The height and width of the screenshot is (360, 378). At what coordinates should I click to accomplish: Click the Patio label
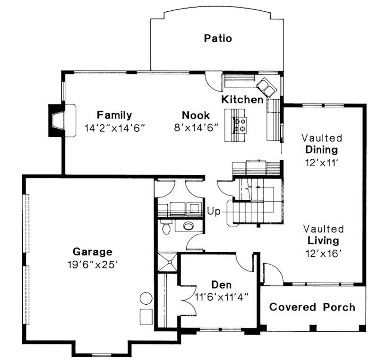click(x=218, y=38)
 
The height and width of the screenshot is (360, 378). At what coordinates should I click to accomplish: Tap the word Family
click(x=114, y=115)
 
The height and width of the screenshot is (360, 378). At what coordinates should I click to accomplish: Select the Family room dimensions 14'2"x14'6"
click(x=114, y=128)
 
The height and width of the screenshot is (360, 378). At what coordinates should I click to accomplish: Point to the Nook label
click(x=196, y=115)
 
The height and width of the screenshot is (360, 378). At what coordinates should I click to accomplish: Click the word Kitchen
click(x=242, y=100)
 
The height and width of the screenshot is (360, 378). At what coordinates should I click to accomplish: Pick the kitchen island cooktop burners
click(x=240, y=124)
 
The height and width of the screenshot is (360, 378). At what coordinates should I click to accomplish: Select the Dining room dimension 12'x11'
click(x=321, y=162)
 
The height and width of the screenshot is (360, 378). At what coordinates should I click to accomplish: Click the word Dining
click(x=321, y=150)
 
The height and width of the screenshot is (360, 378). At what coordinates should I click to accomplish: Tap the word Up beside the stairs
click(x=214, y=212)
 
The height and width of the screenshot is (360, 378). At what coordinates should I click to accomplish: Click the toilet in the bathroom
click(x=165, y=228)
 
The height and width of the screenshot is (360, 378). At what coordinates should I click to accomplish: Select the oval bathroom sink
click(x=189, y=225)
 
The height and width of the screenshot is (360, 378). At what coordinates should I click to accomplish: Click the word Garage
click(x=92, y=251)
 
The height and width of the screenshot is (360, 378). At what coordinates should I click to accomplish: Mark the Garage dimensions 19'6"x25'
click(x=92, y=264)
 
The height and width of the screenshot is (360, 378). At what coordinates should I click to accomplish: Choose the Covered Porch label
click(x=312, y=307)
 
